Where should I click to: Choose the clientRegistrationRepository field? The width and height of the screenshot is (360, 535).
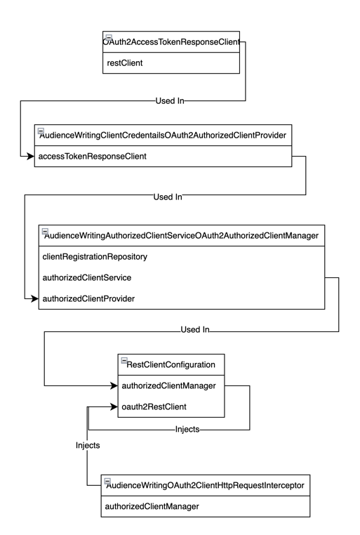[95, 257]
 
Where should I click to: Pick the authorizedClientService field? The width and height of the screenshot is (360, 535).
[86, 278]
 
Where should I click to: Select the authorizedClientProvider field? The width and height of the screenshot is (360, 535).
[88, 299]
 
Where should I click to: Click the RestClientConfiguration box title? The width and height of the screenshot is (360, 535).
[175, 364]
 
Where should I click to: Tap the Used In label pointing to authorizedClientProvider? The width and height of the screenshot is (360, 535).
[168, 197]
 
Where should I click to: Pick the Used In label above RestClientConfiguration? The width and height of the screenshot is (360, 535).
[194, 329]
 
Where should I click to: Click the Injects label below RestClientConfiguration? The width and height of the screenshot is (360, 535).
[188, 428]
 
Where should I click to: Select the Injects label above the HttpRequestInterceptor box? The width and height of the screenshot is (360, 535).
[88, 445]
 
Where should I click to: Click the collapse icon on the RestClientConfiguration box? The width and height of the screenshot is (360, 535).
[124, 360]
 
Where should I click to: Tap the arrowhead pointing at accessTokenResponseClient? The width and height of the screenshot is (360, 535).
[31, 156]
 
